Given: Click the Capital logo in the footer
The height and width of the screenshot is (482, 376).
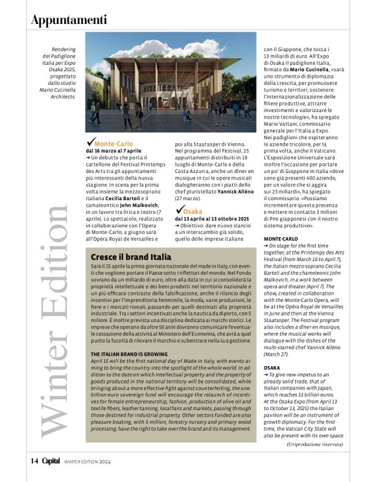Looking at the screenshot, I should click(x=51, y=461).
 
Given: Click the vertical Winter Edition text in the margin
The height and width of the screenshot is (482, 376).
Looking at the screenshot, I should click(x=52, y=324).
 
